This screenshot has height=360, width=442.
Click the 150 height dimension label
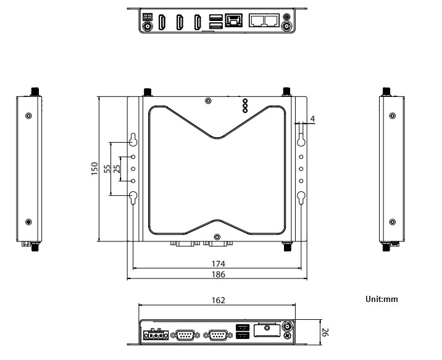[x=94, y=169]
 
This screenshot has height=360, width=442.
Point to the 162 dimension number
[x=217, y=301]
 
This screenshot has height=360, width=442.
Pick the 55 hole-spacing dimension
[x=107, y=169]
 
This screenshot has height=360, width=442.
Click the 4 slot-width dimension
[x=312, y=118]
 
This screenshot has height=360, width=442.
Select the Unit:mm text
[x=382, y=299]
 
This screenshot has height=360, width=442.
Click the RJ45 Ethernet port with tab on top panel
[x=234, y=20]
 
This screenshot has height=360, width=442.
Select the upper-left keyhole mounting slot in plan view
[x=133, y=140]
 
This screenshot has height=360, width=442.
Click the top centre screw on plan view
[x=209, y=101]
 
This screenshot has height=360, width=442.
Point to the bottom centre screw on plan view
[x=217, y=237]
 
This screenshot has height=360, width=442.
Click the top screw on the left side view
[x=28, y=115]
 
